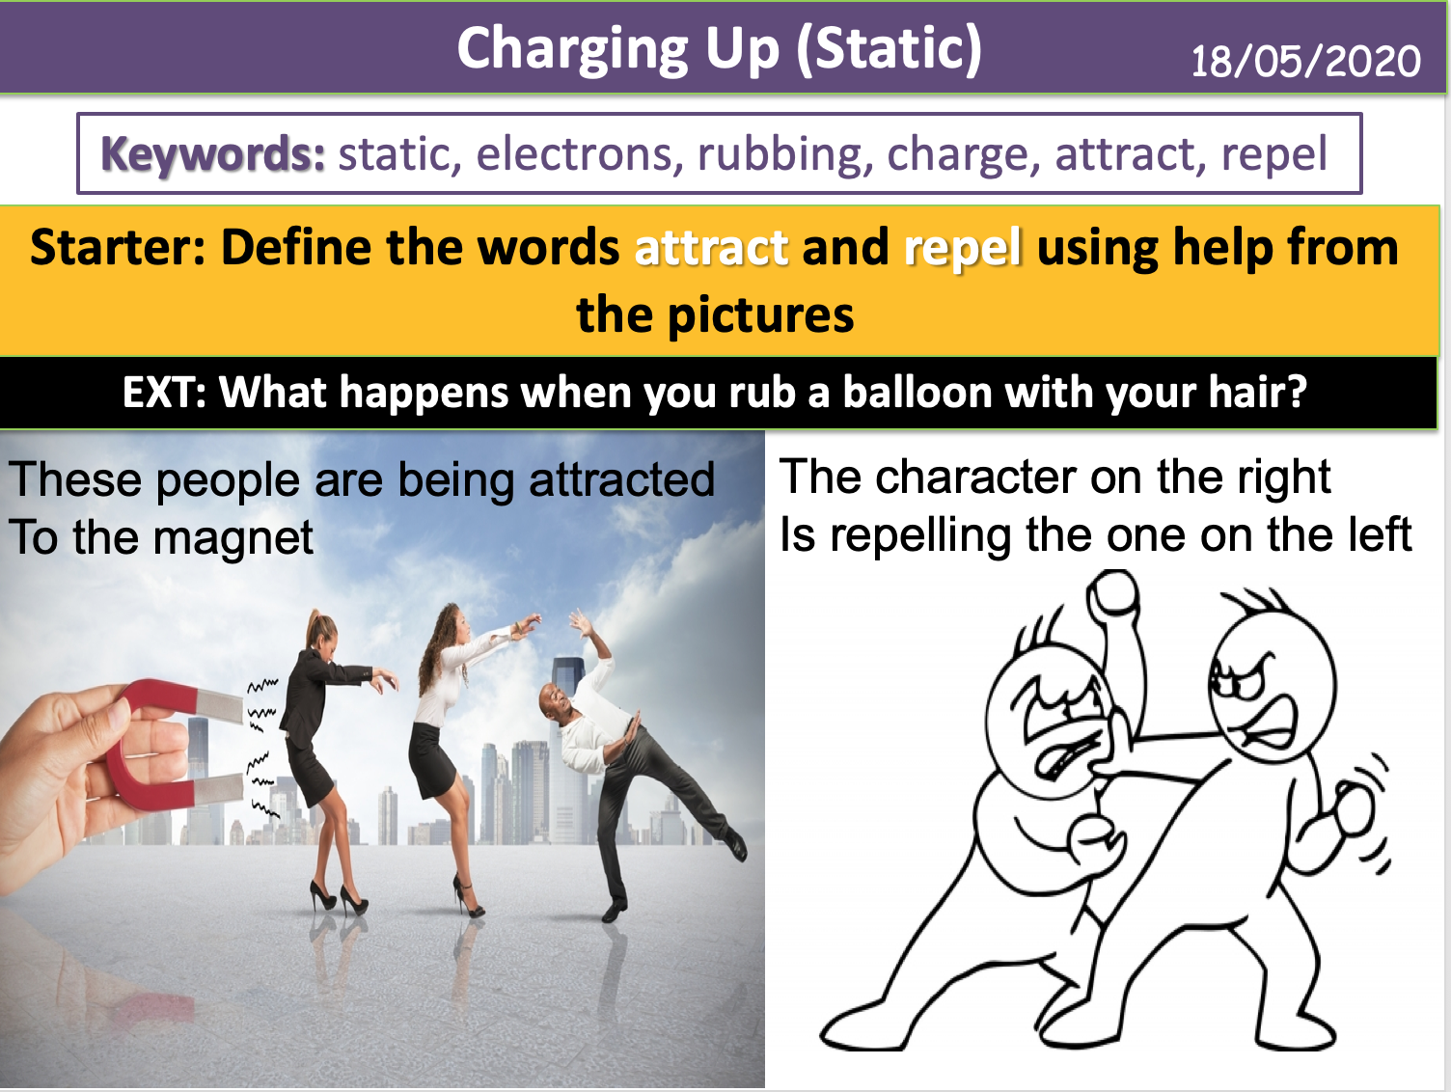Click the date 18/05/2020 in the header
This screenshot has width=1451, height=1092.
(1304, 61)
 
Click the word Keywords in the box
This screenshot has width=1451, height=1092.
(213, 154)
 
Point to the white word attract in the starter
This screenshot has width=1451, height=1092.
(712, 248)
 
